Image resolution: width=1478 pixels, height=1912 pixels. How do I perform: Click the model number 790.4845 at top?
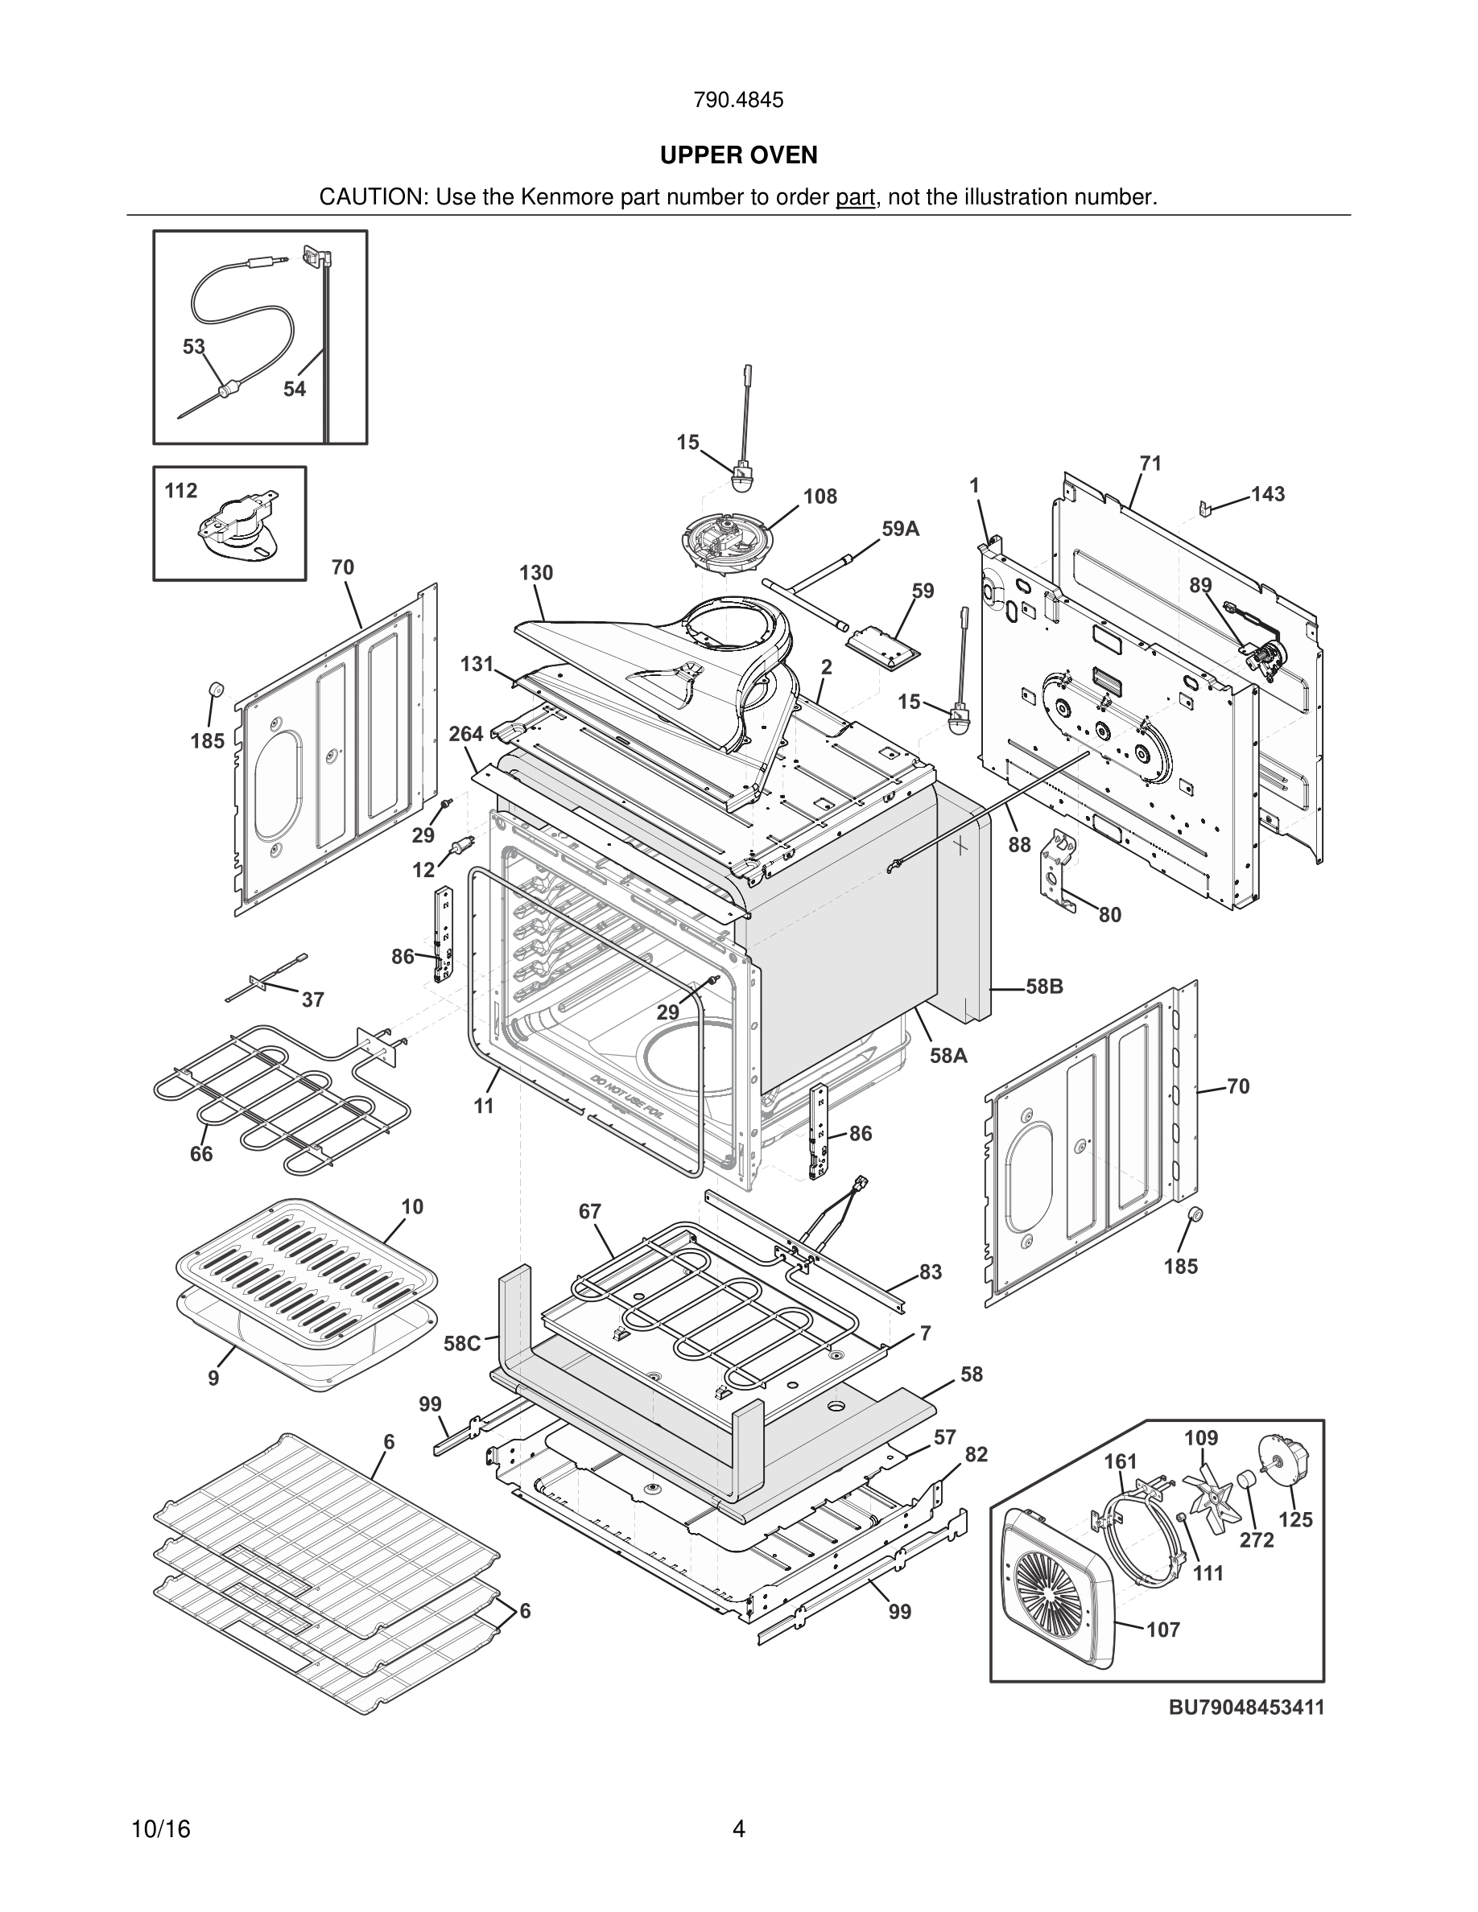pyautogui.click(x=738, y=101)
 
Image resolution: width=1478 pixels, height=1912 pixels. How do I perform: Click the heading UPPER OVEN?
pyautogui.click(x=738, y=156)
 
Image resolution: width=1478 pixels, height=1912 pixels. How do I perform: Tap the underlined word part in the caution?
pyautogui.click(x=855, y=198)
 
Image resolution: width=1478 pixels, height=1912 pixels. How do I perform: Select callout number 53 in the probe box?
pyautogui.click(x=193, y=347)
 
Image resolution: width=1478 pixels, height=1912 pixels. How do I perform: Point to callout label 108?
pyautogui.click(x=820, y=497)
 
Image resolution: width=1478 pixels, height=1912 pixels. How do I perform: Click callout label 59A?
pyautogui.click(x=900, y=529)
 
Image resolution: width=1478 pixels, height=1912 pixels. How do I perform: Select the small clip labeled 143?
pyautogui.click(x=1206, y=508)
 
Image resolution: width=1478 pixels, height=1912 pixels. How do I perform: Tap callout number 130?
pyautogui.click(x=536, y=572)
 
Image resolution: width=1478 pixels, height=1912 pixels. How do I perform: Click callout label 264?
pyautogui.click(x=466, y=734)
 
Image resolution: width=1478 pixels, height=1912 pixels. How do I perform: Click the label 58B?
pyautogui.click(x=1045, y=987)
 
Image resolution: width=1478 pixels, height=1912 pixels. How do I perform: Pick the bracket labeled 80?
pyautogui.click(x=1058, y=871)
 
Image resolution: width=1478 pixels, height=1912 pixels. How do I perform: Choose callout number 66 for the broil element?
pyautogui.click(x=201, y=1154)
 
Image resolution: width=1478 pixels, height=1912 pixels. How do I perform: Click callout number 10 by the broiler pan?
pyautogui.click(x=412, y=1206)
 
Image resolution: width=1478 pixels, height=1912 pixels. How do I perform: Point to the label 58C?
pyautogui.click(x=462, y=1343)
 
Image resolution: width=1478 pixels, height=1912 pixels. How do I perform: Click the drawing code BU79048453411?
pyautogui.click(x=1246, y=1707)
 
